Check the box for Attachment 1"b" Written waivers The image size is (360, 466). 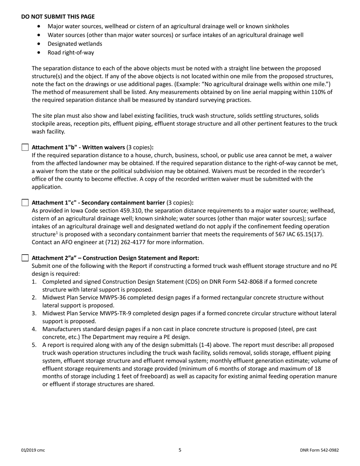pyautogui.click(x=25, y=147)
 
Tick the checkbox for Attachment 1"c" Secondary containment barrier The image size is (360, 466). pyautogui.click(x=25, y=202)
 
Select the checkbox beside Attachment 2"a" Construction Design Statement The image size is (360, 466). pyautogui.click(x=25, y=258)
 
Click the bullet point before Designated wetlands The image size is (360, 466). pyautogui.click(x=40, y=44)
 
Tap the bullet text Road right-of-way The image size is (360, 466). pyautogui.click(x=70, y=52)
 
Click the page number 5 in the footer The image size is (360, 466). pyautogui.click(x=180, y=450)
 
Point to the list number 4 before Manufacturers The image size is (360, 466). pyautogui.click(x=34, y=329)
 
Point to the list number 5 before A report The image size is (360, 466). pyautogui.click(x=34, y=345)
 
